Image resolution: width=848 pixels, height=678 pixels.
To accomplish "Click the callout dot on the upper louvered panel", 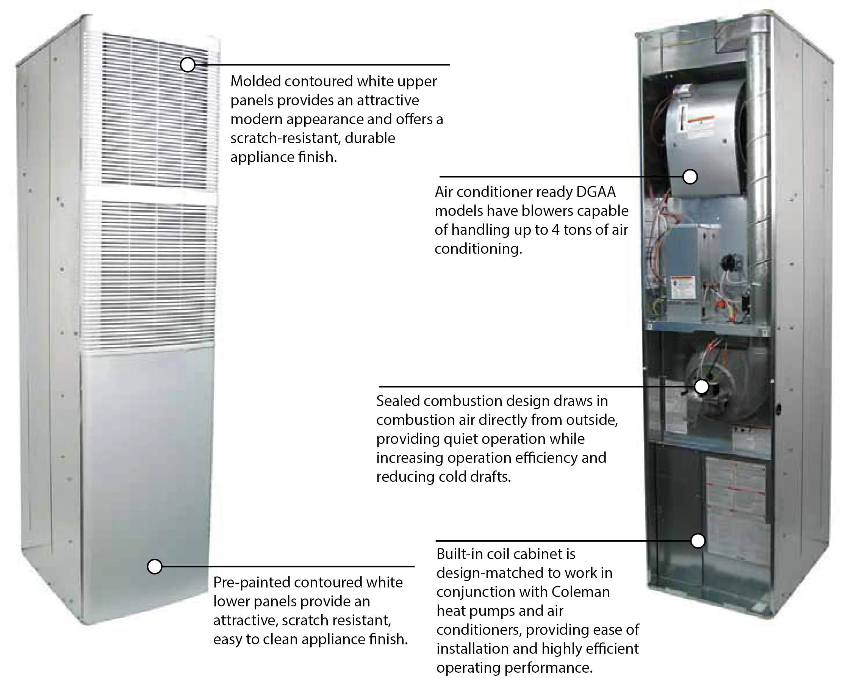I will pyautogui.click(x=188, y=64).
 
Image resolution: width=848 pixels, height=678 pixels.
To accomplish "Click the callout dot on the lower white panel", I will pyautogui.click(x=155, y=566).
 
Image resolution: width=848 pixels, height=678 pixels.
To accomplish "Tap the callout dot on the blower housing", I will pyautogui.click(x=690, y=177).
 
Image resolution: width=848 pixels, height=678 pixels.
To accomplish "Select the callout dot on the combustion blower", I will pyautogui.click(x=701, y=387).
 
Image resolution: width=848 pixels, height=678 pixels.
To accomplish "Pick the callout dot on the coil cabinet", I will pyautogui.click(x=698, y=541).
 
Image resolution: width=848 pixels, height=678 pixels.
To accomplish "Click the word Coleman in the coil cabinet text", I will pyautogui.click(x=580, y=592).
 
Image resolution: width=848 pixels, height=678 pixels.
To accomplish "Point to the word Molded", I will pyautogui.click(x=255, y=81).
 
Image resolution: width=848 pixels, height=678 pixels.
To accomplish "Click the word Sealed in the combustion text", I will pyautogui.click(x=397, y=401).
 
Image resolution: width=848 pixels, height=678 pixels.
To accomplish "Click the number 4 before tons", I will pyautogui.click(x=555, y=230).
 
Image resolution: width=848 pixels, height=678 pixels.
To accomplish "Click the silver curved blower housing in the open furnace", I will pyautogui.click(x=704, y=134).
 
